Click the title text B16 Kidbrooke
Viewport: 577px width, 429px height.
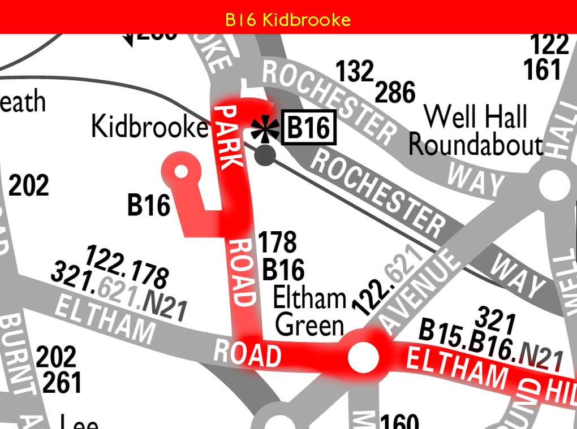coord(288,20)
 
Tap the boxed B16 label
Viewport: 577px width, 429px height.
coord(308,128)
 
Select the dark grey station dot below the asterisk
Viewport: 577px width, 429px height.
coord(265,154)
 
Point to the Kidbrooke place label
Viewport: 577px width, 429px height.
coord(149,127)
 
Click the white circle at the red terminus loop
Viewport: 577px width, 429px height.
coord(182,171)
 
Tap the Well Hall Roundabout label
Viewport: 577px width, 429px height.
coord(476,131)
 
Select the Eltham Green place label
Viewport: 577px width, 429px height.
coord(309,311)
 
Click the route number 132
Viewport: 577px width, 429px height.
coord(355,71)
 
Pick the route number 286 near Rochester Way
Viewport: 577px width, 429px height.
coord(395,92)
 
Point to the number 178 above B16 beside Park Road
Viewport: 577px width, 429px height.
coord(277,242)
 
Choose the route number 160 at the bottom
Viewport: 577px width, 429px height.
coord(399,422)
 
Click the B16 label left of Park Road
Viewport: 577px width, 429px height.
coord(148,205)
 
